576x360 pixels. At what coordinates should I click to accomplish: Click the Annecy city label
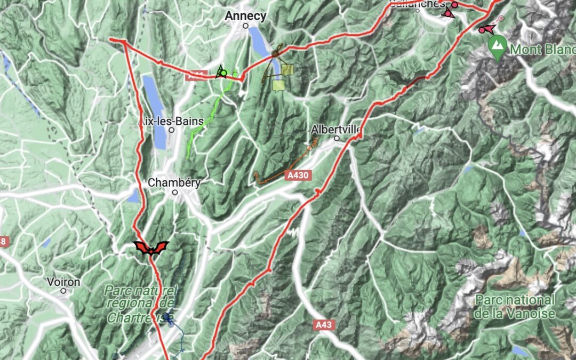click(x=245, y=16)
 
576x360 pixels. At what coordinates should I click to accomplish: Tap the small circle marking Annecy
click(x=246, y=26)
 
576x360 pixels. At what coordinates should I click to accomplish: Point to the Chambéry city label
click(x=174, y=183)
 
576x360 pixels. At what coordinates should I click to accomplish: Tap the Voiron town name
click(x=63, y=282)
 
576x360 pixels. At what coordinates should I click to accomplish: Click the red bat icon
click(x=151, y=248)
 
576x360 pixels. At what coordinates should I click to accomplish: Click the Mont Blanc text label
click(x=541, y=50)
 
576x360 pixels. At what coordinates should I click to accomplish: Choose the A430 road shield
click(x=298, y=175)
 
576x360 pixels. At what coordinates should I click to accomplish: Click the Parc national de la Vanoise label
click(x=515, y=307)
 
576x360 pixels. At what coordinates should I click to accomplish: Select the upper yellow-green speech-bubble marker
click(x=287, y=70)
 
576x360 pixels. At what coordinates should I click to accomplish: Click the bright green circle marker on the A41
click(x=224, y=73)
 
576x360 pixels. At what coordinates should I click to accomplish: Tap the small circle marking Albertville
click(x=337, y=139)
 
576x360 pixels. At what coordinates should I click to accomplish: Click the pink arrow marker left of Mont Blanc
click(x=487, y=29)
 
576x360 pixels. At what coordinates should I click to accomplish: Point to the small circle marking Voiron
click(x=63, y=291)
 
